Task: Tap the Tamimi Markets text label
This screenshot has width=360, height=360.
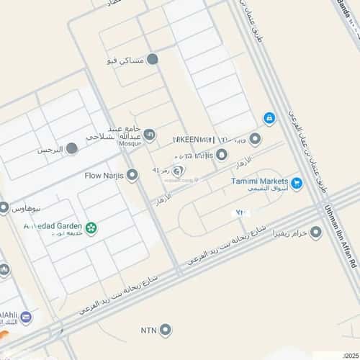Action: click(x=259, y=181)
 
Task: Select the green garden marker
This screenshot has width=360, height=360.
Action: click(x=91, y=228)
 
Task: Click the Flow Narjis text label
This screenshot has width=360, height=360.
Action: click(x=104, y=175)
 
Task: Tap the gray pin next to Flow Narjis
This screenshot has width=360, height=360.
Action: click(x=132, y=175)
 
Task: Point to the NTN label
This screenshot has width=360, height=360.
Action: click(x=148, y=330)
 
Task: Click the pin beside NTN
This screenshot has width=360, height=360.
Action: click(x=166, y=330)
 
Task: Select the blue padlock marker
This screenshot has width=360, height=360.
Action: click(x=269, y=117)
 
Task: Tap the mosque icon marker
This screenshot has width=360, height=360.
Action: click(x=149, y=135)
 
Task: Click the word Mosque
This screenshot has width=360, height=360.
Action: click(x=131, y=143)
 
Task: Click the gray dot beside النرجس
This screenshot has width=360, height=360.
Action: click(x=71, y=149)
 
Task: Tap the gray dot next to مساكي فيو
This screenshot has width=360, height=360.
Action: click(x=153, y=60)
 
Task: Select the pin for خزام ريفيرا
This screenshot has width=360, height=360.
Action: click(x=315, y=233)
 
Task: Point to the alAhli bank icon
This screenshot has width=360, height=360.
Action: click(x=26, y=318)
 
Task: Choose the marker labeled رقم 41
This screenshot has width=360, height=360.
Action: click(x=179, y=170)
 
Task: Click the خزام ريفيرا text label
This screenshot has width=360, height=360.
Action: click(x=289, y=233)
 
